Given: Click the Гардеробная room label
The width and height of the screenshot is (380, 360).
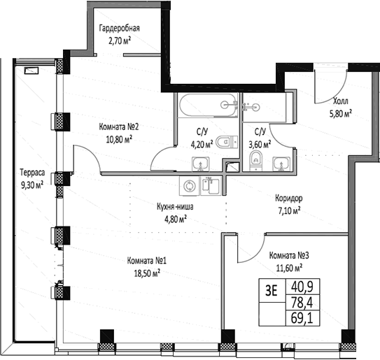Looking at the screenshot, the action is coord(119,29).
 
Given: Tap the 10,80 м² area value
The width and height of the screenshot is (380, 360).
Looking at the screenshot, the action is coord(119,139).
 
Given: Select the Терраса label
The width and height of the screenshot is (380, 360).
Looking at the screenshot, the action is coord(32,173).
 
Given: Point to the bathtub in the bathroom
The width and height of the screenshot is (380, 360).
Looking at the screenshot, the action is coord(208,106).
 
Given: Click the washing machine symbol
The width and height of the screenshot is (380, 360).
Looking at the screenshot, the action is coord(189,186).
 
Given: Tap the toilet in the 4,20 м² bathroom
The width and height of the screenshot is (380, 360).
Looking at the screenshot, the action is coord(227,142).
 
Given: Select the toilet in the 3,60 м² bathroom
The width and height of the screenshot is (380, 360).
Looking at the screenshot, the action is coord(256,160).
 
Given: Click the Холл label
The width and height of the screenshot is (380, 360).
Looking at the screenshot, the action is coord(341,101).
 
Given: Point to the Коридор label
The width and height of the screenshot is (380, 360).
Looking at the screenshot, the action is coord(289,199).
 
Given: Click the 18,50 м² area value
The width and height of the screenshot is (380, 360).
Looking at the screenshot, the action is coord(147,273).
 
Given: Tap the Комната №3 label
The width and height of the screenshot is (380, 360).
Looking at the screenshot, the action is coord(289,256).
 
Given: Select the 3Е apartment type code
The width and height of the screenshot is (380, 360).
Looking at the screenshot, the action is coord(272,291).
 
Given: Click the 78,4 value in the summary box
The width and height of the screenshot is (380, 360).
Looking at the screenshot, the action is coord(302,303).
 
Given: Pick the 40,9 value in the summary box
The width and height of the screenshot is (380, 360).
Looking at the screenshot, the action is coord(302,287).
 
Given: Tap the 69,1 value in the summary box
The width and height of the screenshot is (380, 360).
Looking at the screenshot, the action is coord(302,318).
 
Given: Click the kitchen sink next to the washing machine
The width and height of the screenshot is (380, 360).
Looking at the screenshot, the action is coord(211,186).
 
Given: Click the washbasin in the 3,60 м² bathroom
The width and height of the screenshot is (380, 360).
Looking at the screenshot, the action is coord(281,164).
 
